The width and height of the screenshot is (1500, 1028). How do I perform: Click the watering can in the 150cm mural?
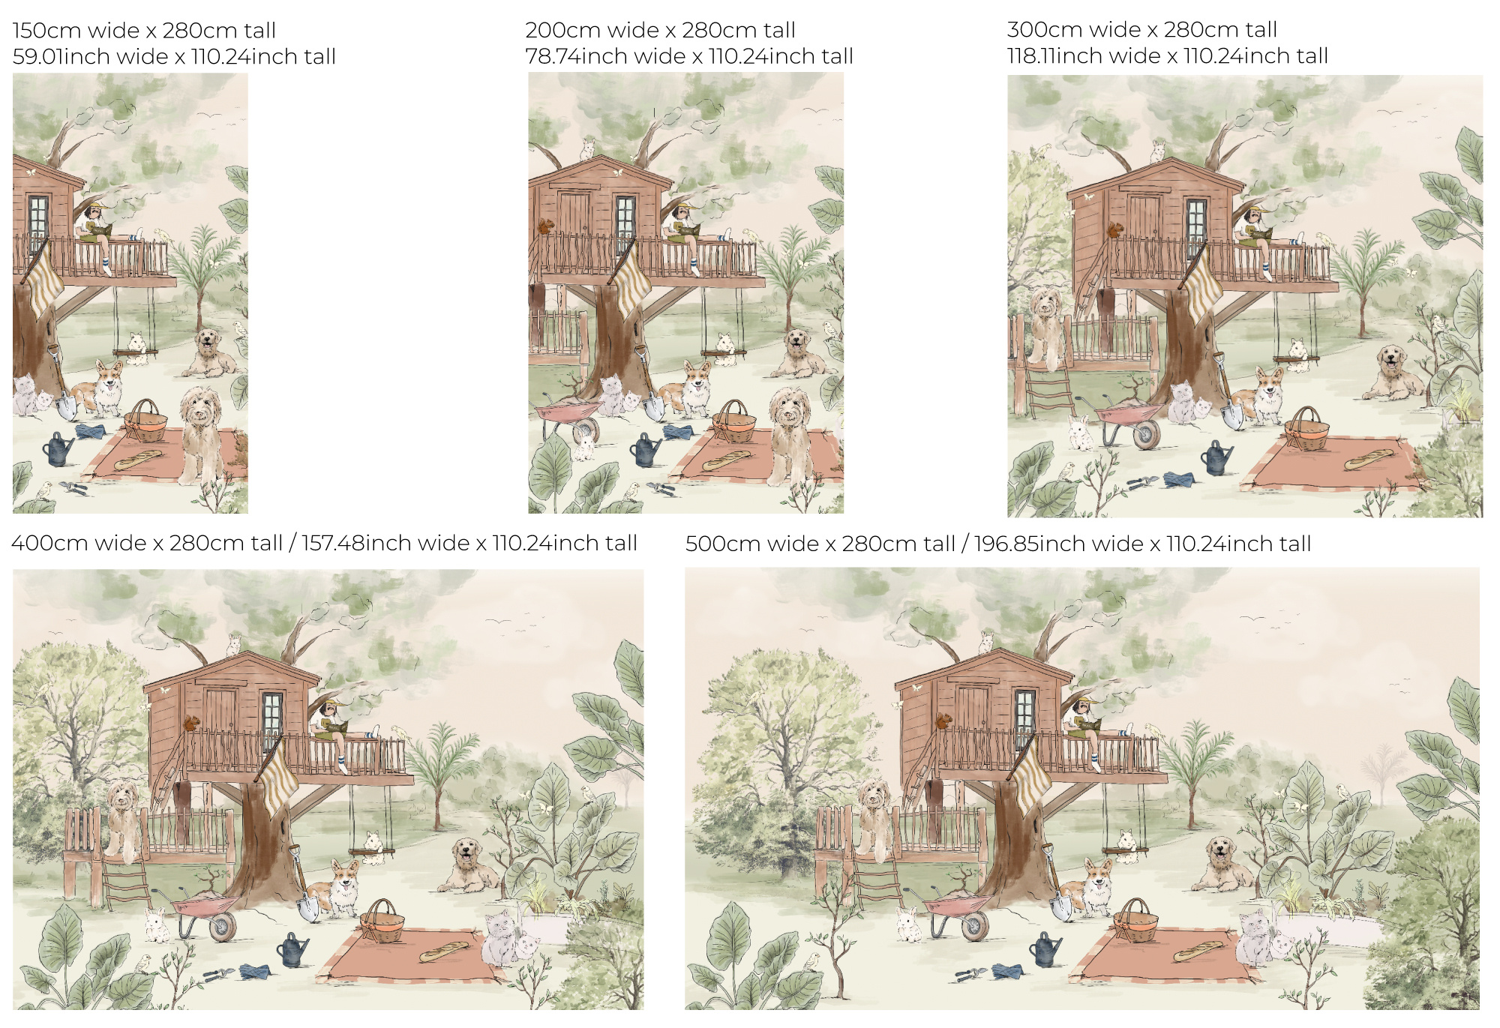click(58, 448)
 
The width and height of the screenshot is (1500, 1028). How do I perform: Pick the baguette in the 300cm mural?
click(1369, 458)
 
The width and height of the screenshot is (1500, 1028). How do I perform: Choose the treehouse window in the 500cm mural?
click(1024, 718)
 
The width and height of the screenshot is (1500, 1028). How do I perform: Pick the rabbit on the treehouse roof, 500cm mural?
click(985, 642)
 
